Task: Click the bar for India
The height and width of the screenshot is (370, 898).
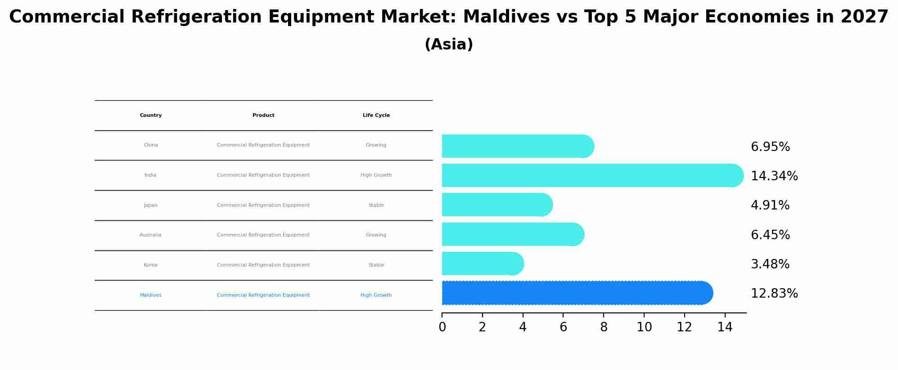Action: pos(593,175)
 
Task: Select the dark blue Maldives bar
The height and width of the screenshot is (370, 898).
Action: pos(578,293)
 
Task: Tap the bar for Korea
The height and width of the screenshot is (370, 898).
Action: pos(483,263)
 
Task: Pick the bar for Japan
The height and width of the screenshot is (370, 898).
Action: pos(497,205)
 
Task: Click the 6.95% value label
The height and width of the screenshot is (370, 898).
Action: pos(770,147)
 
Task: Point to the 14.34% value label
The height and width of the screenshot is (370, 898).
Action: pos(774,176)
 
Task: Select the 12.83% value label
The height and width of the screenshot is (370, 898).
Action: pos(774,294)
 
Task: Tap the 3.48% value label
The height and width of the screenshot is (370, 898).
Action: pos(770,264)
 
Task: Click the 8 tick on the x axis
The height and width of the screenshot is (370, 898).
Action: pos(604,327)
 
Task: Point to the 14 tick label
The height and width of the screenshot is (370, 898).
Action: pos(725,327)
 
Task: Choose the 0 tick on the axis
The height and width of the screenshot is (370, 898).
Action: pos(442,327)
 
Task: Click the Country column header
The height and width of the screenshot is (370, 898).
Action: pos(151,116)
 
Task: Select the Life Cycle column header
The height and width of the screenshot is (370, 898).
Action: pos(376,116)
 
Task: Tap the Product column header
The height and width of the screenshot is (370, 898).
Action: pos(263,116)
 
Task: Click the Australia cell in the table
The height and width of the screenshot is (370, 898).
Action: pos(150,235)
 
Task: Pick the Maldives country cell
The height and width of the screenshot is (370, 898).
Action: pos(151,295)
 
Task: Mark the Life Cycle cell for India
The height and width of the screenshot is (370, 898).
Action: pos(376,175)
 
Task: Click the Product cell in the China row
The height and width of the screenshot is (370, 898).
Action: pos(263,145)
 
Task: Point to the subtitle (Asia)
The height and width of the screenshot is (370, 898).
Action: pos(449,45)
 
